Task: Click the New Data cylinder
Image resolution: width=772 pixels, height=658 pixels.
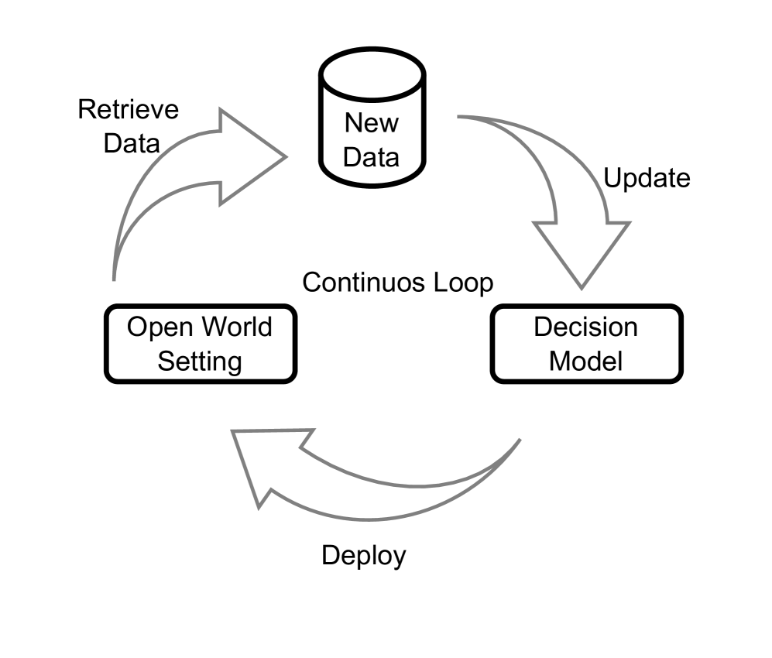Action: coord(372,128)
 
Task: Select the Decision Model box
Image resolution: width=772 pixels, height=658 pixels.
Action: coord(586,344)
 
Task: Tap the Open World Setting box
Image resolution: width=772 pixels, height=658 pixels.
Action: coord(200,344)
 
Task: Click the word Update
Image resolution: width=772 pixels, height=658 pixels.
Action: coord(646,179)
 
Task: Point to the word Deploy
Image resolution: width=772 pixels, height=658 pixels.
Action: coord(363,555)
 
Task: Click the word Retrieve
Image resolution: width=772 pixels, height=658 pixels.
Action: coord(128,109)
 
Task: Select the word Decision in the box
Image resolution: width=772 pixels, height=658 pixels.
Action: coord(586,327)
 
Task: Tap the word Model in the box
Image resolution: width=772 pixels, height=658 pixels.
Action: coord(586,361)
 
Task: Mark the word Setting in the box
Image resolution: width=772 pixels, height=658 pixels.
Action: coord(200,361)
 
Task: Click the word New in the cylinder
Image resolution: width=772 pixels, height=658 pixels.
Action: coord(372,122)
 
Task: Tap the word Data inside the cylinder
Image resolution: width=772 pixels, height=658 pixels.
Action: coord(372,157)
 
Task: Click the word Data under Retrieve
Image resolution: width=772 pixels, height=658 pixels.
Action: coord(131,143)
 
